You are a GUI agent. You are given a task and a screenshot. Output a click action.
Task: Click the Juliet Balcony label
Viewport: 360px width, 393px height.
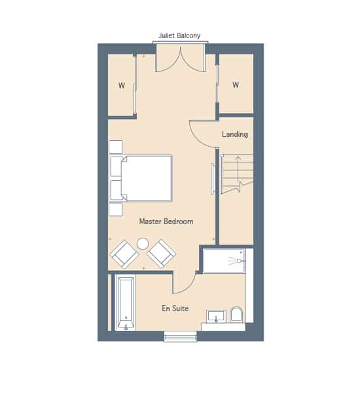tap(179, 35)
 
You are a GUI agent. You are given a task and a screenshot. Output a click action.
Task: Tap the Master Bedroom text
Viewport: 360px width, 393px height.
tap(166, 221)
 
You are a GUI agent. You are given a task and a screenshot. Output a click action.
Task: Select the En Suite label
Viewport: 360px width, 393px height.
tap(175, 309)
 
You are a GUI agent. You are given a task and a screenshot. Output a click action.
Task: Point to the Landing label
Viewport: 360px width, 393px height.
tap(235, 134)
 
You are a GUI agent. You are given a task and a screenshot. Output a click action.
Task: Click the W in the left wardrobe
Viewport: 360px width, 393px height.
tap(122, 85)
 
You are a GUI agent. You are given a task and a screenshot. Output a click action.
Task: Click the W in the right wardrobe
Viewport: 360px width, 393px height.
tap(236, 84)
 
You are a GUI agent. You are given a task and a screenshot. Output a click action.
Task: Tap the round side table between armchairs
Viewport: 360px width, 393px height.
tap(143, 244)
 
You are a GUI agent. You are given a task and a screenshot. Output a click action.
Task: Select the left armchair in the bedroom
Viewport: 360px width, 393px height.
tap(124, 254)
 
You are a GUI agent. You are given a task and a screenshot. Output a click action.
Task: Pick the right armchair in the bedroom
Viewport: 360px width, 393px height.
tap(161, 253)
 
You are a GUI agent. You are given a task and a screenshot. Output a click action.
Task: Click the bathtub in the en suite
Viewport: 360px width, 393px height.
tap(125, 303)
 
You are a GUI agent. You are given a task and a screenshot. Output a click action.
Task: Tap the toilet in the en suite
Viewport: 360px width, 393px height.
tap(236, 314)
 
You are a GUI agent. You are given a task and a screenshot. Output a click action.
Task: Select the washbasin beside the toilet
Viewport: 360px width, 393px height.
tap(216, 316)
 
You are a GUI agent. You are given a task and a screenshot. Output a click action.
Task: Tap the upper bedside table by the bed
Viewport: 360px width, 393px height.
tap(116, 147)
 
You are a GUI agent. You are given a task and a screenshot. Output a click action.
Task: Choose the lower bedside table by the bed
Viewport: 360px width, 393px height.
tap(116, 210)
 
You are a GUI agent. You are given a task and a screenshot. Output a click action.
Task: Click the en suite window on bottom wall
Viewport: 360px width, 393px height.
tap(181, 337)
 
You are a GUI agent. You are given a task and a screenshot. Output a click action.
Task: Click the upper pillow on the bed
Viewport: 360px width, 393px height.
tap(117, 166)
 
